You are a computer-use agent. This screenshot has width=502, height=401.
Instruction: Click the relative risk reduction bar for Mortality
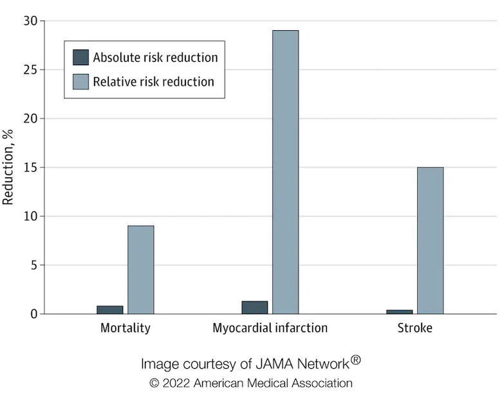140,270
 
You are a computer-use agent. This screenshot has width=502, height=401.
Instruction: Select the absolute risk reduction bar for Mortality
109,310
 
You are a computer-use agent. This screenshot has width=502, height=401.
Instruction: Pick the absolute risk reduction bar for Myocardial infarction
254,308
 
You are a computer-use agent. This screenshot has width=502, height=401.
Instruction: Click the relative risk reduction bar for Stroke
430,241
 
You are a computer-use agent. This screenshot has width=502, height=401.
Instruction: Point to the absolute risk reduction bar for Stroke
399,312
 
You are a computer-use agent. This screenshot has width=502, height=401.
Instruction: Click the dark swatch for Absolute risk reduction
80,57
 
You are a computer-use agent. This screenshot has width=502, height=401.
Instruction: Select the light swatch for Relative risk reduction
80,82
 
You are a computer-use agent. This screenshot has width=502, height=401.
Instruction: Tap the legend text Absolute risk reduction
155,57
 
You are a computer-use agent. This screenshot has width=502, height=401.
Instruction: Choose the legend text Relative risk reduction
153,82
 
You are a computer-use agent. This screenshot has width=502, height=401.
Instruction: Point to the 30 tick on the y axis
31,21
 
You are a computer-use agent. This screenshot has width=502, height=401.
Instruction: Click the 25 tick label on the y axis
31,70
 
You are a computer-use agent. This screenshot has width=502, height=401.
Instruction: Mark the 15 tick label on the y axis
31,167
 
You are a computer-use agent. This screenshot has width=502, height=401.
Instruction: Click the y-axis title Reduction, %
8,167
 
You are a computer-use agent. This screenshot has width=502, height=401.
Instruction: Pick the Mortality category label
126,328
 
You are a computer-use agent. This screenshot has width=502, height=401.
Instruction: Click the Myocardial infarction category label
270,328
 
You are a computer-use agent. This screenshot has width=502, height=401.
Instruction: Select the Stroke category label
414,328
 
